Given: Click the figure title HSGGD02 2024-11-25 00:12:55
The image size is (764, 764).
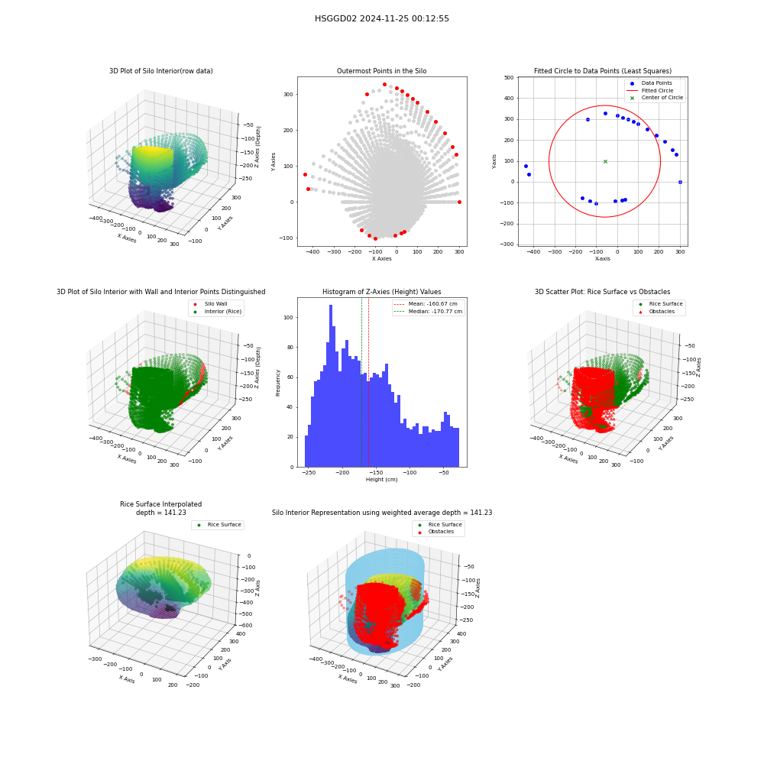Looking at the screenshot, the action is [x=381, y=18].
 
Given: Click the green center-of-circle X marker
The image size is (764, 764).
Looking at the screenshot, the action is [x=605, y=161].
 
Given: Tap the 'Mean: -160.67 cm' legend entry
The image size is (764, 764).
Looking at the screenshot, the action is [x=426, y=303].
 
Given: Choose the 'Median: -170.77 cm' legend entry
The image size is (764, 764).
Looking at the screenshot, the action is [x=428, y=312].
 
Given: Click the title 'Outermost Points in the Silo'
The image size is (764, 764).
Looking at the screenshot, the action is [x=381, y=71].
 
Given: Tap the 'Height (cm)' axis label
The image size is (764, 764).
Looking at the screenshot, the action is [x=381, y=480].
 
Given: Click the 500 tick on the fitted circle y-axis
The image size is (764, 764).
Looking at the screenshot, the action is [x=509, y=77].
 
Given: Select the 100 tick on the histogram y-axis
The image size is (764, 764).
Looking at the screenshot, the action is [x=289, y=317].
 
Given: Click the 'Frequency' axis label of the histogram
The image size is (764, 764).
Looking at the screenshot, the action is [x=278, y=383].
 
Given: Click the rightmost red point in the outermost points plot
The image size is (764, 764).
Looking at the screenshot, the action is [x=459, y=202].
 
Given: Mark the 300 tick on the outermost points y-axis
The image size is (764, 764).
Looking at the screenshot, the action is [x=289, y=95].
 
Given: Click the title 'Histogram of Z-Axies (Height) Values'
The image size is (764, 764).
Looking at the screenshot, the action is [x=381, y=292].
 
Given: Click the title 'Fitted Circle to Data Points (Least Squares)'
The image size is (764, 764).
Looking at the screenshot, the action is [x=603, y=71].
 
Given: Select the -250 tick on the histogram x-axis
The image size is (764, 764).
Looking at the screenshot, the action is [x=309, y=473].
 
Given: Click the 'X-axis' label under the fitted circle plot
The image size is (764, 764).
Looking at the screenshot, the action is [x=603, y=259].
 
